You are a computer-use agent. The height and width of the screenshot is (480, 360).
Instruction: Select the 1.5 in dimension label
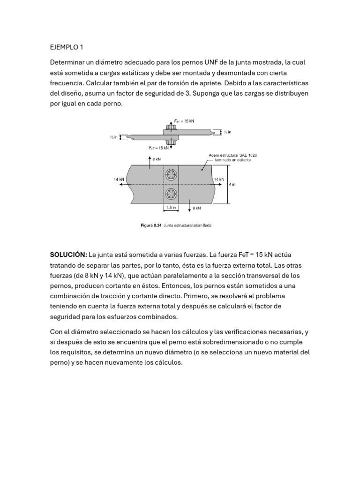[171, 207]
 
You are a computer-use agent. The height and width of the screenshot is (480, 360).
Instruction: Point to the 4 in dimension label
[232, 185]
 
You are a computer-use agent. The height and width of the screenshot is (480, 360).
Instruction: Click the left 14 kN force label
[119, 179]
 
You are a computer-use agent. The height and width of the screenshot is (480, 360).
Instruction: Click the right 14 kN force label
[219, 179]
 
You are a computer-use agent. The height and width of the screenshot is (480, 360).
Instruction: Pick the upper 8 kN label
[157, 159]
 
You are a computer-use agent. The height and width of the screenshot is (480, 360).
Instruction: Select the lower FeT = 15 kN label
[158, 148]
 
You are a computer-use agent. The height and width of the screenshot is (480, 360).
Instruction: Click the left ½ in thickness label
[113, 137]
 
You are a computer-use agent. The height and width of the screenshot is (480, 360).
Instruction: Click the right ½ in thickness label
[227, 132]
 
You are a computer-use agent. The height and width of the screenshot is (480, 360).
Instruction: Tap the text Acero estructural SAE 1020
[232, 155]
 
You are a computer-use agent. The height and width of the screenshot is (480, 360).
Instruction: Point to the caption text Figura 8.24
[151, 225]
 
